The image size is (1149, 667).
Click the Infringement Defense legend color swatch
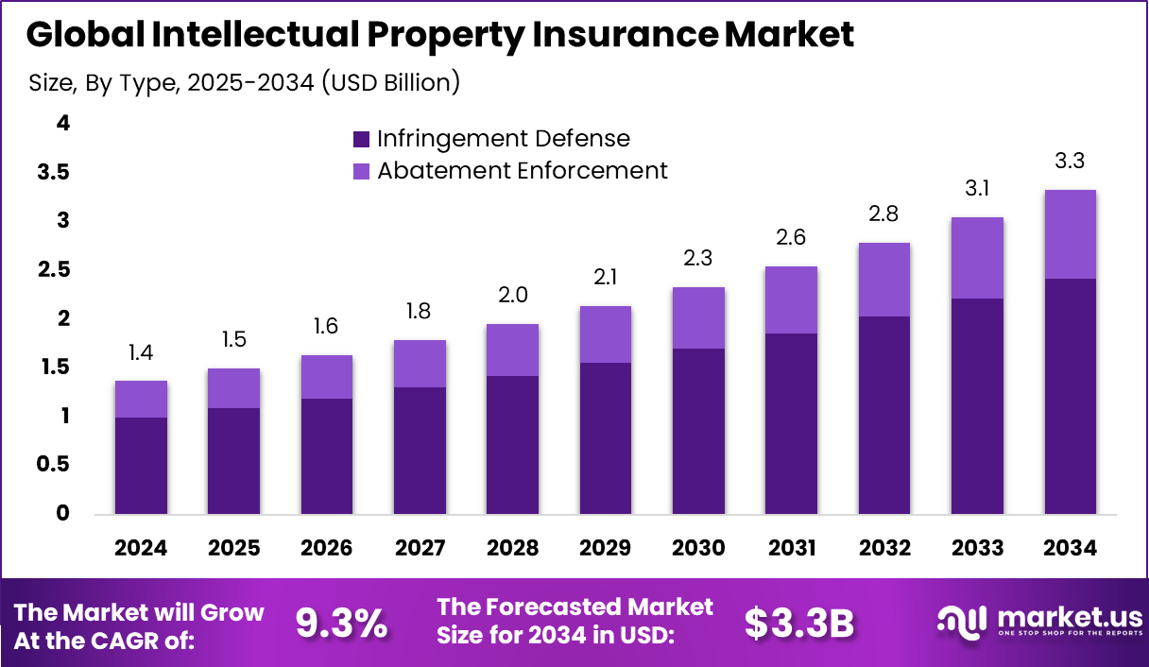(361, 139)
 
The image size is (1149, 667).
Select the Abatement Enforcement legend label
(522, 171)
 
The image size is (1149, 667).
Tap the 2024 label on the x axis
(141, 549)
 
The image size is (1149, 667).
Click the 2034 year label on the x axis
(1070, 549)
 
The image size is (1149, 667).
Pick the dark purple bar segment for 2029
(605, 438)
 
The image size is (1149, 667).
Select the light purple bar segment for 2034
(1070, 234)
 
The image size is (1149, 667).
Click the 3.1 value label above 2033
(977, 188)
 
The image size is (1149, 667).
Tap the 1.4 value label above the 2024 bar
(141, 352)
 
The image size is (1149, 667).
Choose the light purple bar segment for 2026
(327, 377)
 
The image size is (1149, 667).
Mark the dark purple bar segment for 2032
(884, 416)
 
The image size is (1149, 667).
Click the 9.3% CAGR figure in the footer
(341, 624)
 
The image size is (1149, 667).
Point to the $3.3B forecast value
(799, 624)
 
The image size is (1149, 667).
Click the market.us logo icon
(961, 621)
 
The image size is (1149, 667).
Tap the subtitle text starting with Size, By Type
(245, 83)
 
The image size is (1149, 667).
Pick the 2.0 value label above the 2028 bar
(513, 295)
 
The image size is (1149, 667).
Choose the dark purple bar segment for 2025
(233, 461)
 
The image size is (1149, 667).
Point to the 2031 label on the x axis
(792, 549)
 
